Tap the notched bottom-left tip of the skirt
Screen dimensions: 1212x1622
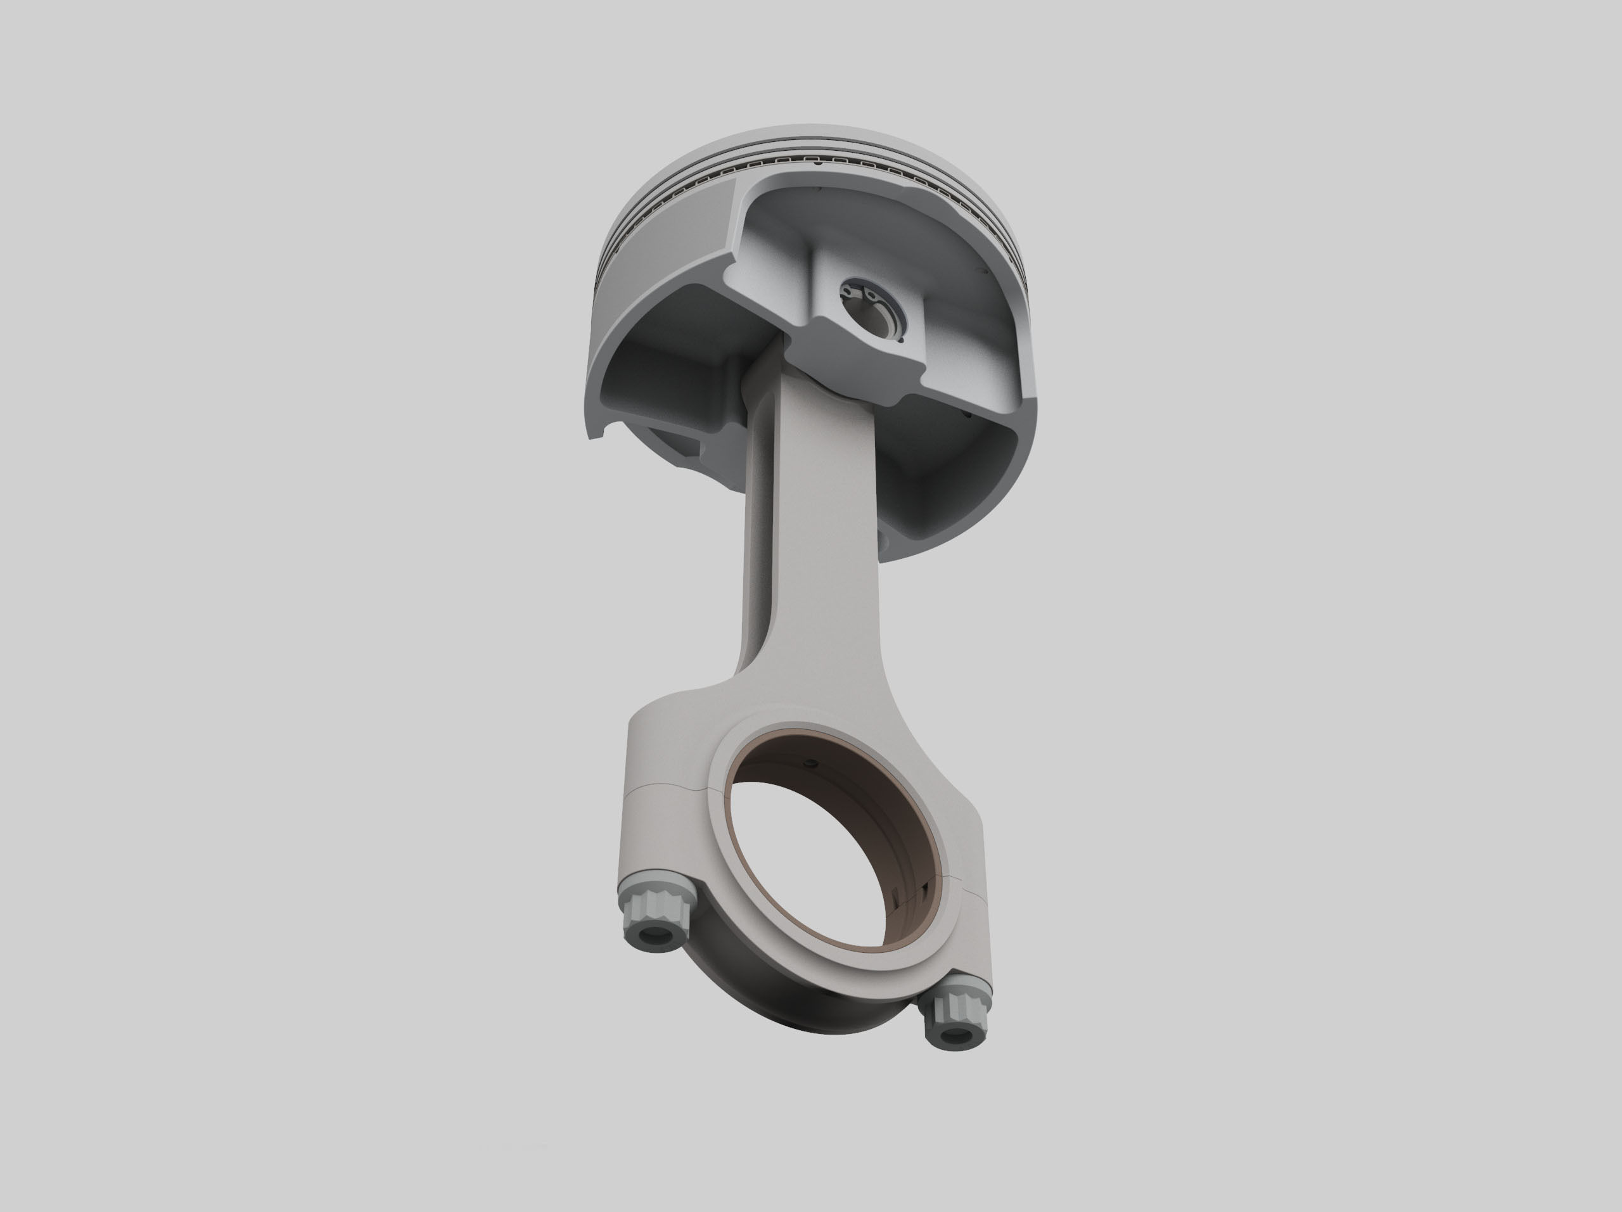tap(596, 433)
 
